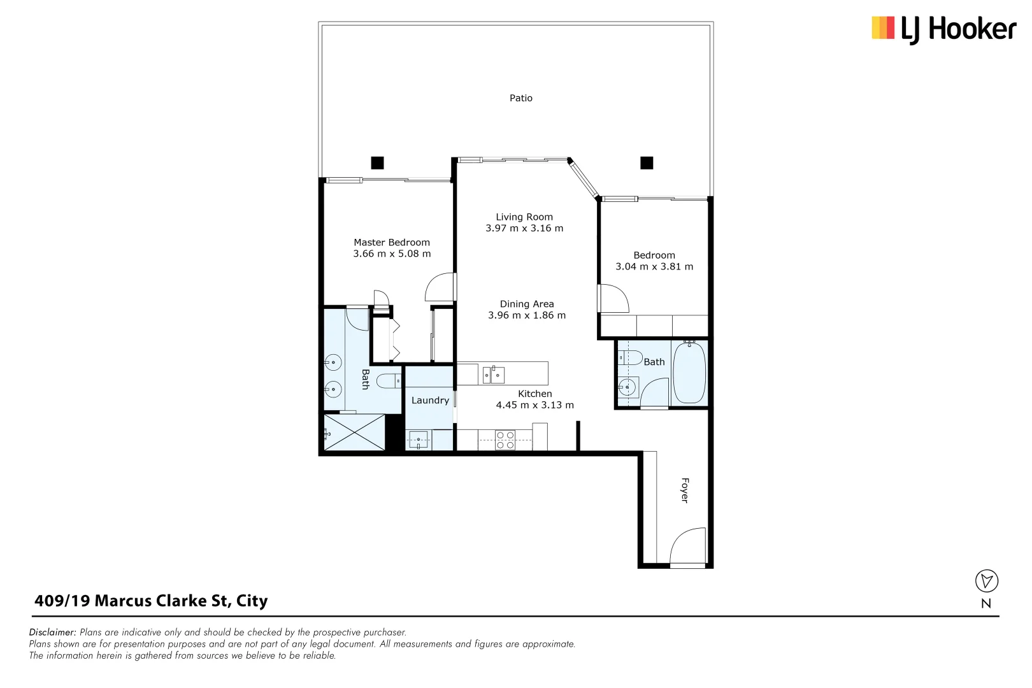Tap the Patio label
click(520, 98)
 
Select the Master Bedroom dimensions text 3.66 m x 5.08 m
click(392, 254)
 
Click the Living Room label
click(524, 217)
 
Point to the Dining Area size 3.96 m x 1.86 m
click(527, 315)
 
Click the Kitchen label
click(534, 394)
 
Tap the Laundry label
click(430, 400)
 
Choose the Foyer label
click(685, 490)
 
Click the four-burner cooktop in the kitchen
click(505, 440)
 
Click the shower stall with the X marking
click(355, 433)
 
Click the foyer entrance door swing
click(687, 546)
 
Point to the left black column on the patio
click(377, 163)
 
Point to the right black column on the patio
click(647, 163)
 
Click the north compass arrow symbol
click(986, 581)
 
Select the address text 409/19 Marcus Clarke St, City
click(151, 601)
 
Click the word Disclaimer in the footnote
click(52, 633)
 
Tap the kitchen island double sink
click(494, 375)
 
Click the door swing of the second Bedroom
click(613, 298)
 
